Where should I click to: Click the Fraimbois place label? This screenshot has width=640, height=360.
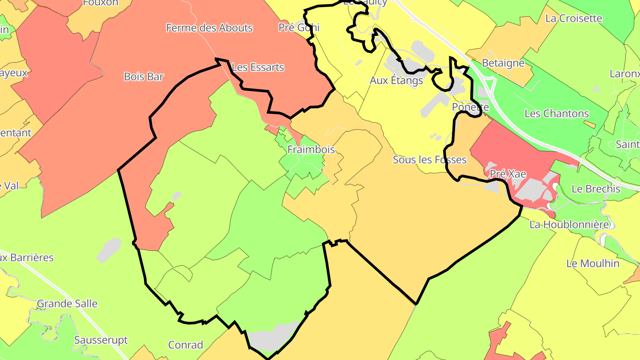311,149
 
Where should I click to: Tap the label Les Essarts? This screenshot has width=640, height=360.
258,68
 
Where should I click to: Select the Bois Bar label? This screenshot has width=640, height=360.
144,76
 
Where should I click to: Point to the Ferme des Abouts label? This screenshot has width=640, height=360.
209,28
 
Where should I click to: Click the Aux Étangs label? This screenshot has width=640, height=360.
396,80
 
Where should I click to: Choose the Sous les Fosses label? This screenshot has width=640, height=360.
429,160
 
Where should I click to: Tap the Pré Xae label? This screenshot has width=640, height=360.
508,174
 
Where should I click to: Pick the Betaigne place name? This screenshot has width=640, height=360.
503,63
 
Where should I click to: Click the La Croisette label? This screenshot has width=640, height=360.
573,19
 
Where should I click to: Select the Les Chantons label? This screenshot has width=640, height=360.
556,113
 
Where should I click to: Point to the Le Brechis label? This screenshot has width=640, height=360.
596,189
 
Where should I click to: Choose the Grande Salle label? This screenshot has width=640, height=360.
67,304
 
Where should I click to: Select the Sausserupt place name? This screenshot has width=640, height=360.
101,340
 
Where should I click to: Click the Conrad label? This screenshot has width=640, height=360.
186,345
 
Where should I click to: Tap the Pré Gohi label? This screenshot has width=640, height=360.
299,28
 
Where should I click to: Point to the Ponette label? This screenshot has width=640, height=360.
470,107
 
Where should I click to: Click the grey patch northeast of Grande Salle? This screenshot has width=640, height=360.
108,250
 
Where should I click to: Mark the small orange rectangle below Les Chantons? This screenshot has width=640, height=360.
590,124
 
